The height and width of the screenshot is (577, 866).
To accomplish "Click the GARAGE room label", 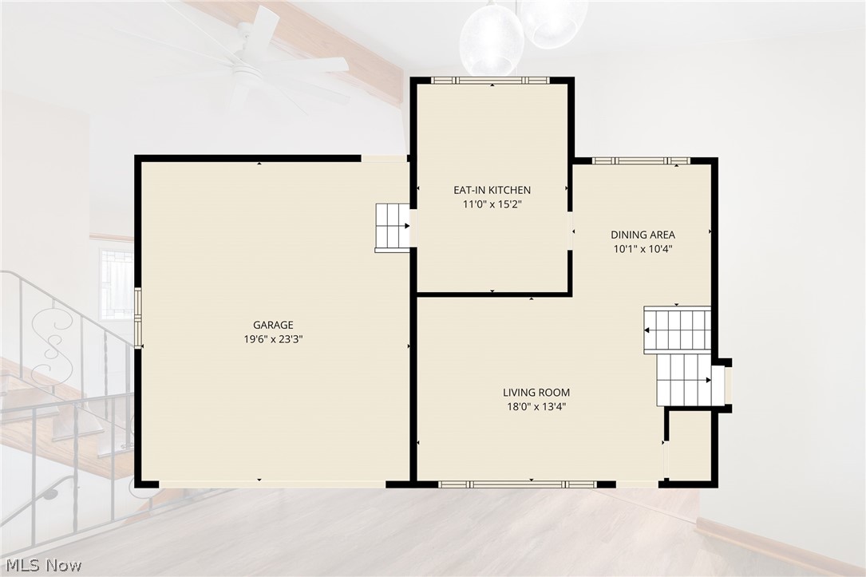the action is tap(273, 326).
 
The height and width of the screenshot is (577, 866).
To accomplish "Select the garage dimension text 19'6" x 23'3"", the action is tap(273, 339).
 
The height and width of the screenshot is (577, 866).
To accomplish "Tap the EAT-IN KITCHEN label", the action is tap(492, 190).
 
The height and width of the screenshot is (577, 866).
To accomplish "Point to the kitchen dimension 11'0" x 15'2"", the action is tap(492, 204).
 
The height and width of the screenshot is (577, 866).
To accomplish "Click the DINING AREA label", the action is tap(643, 235).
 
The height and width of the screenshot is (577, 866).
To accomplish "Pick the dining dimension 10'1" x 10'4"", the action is tap(643, 249).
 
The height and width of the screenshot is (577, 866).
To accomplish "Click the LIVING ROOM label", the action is tap(536, 393).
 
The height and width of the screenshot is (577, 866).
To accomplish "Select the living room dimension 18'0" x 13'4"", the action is tap(536, 407).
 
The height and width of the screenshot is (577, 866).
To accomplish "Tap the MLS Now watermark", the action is tap(44, 565).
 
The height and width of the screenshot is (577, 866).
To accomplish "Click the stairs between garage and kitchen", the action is tap(393, 227).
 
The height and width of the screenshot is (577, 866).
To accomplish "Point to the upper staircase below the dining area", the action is tap(677, 330).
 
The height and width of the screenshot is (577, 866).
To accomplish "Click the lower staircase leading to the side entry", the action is tap(684, 380).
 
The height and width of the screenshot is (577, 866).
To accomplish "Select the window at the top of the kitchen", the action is tap(490, 81).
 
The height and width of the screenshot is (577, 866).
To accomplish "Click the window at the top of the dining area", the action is tap(641, 161).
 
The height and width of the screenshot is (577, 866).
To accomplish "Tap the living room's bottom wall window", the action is tap(517, 484).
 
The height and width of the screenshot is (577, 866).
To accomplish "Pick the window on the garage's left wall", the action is tap(138, 318).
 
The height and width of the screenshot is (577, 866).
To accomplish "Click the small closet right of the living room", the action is tap(689, 445).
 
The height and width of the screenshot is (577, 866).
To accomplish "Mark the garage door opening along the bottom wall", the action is tap(272, 484).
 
